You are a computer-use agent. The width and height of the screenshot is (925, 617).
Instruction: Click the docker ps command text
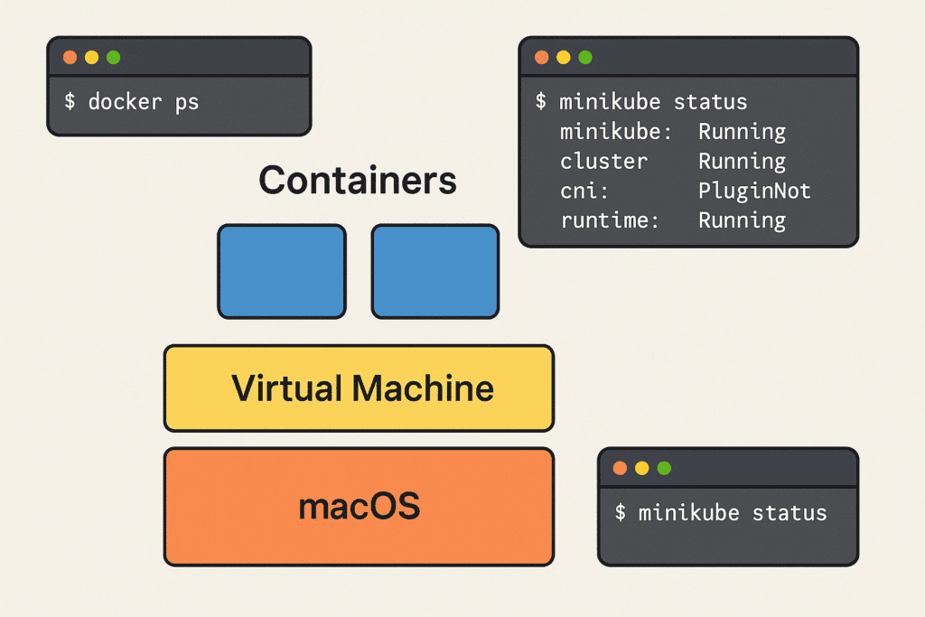[132, 101]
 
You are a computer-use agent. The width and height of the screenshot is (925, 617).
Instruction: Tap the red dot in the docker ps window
[70, 58]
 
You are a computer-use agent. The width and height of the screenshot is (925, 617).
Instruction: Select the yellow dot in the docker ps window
[91, 58]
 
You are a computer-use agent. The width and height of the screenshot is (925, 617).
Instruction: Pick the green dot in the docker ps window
[113, 58]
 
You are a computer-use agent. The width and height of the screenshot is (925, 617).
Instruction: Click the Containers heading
[358, 182]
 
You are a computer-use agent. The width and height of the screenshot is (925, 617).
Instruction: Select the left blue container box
[282, 271]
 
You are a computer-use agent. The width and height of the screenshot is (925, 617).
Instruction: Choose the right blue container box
[435, 271]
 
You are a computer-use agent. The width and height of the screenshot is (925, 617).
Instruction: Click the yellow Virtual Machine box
[359, 388]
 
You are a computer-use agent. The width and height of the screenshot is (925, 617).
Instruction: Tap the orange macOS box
[359, 507]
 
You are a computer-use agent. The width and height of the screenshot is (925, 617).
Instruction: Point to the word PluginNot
[754, 191]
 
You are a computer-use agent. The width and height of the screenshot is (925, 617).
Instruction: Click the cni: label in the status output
[579, 191]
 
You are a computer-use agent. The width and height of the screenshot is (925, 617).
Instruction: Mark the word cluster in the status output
[603, 162]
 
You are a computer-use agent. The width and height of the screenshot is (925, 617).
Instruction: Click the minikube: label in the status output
[616, 132]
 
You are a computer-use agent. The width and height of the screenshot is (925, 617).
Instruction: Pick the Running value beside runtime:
[742, 220]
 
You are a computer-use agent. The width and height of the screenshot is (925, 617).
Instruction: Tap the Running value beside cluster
[742, 162]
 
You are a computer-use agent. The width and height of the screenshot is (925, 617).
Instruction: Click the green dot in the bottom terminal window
[664, 468]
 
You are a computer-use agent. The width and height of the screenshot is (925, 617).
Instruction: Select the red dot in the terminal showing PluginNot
[542, 58]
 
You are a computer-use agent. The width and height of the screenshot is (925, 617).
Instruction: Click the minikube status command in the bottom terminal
[721, 513]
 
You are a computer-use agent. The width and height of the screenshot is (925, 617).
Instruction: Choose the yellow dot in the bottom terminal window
[642, 468]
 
